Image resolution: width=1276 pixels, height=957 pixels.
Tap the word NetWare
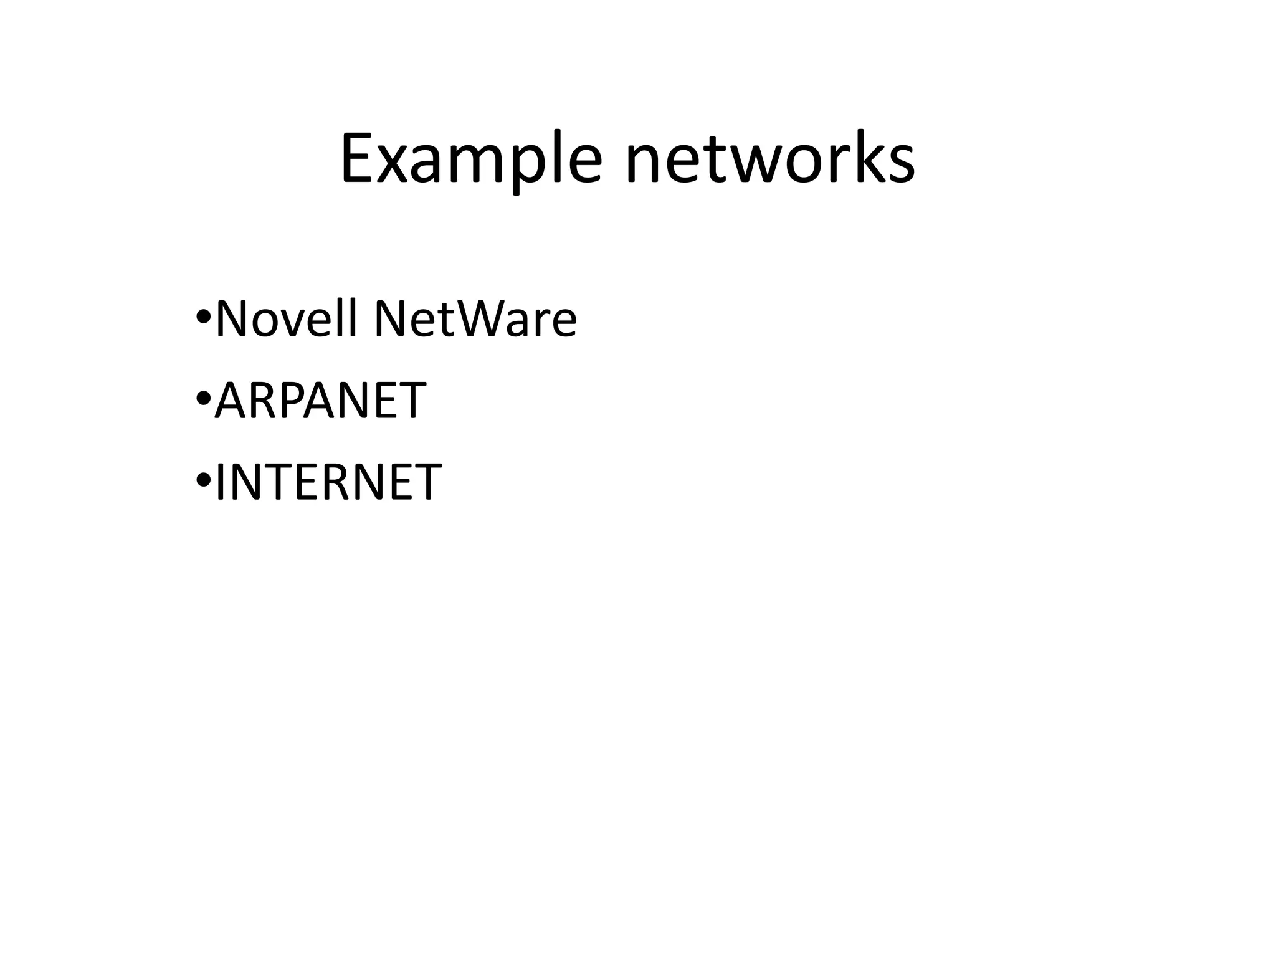(475, 319)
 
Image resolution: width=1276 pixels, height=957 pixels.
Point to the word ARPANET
(320, 400)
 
